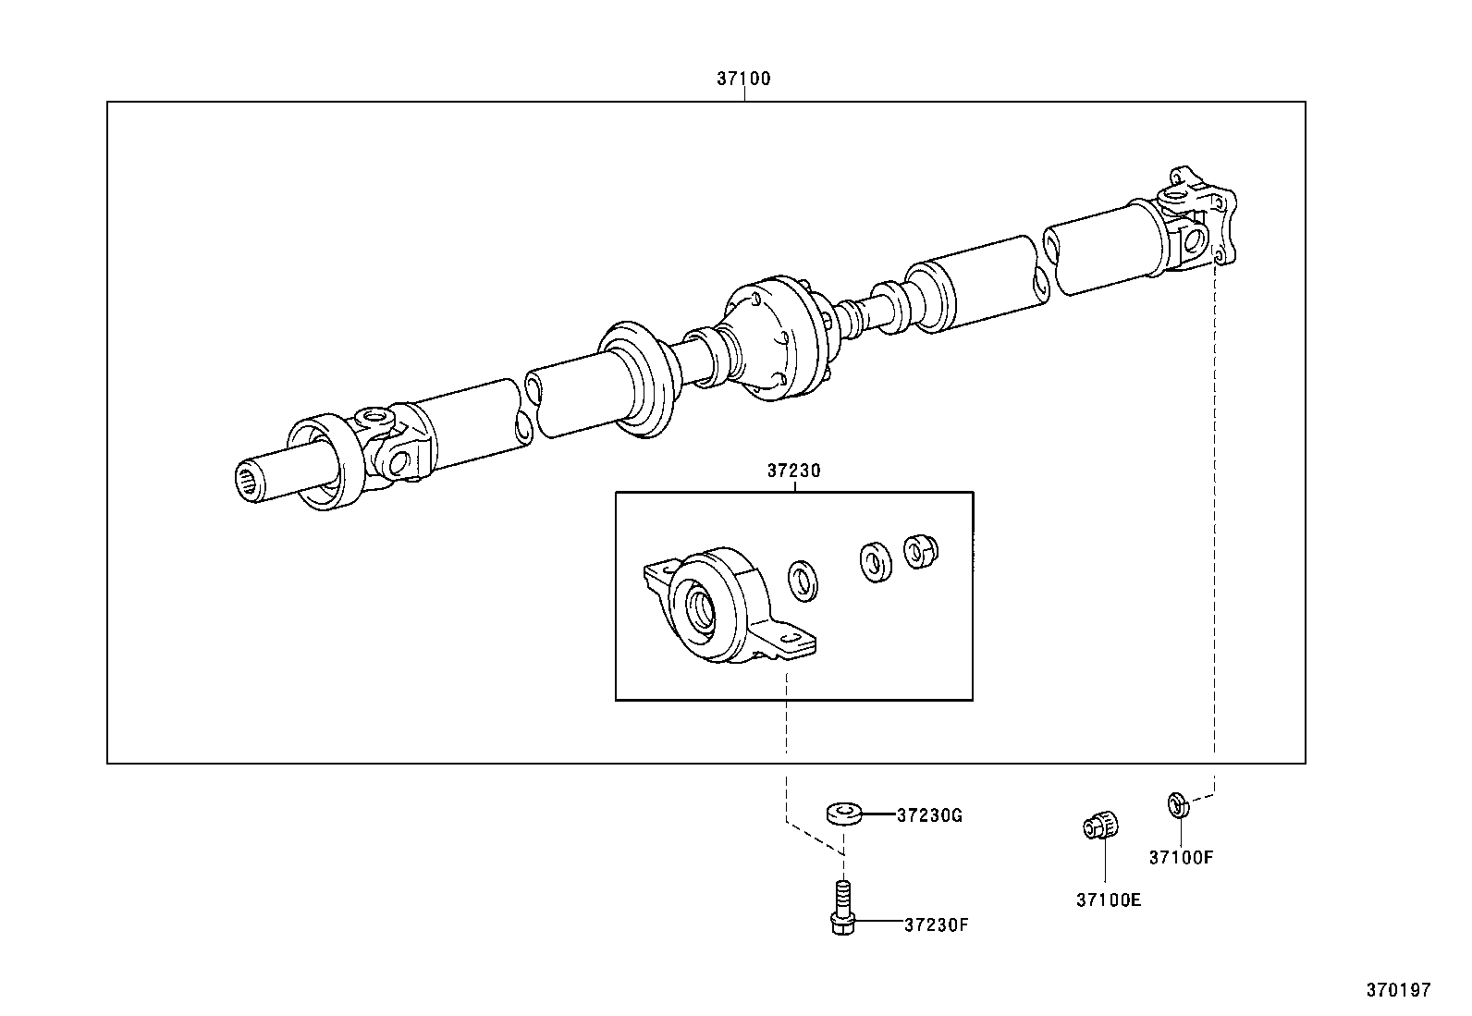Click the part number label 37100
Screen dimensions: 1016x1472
tap(742, 80)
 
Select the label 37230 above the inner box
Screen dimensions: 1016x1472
tap(793, 471)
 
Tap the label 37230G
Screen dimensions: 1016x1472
tap(930, 815)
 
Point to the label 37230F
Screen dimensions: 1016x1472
tap(936, 924)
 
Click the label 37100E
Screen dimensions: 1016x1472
tap(1108, 899)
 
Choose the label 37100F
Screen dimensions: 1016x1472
tap(1181, 857)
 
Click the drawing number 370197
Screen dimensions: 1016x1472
tap(1399, 990)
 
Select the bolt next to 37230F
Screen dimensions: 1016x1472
tap(840, 912)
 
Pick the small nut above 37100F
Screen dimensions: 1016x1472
tap(1178, 804)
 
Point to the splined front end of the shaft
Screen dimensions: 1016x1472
tap(253, 482)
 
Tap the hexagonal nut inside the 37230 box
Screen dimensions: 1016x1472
tap(920, 552)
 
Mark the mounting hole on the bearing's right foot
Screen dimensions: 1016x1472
tap(791, 639)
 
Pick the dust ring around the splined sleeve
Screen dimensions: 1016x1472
tap(323, 461)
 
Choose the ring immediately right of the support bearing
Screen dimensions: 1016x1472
tap(804, 581)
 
